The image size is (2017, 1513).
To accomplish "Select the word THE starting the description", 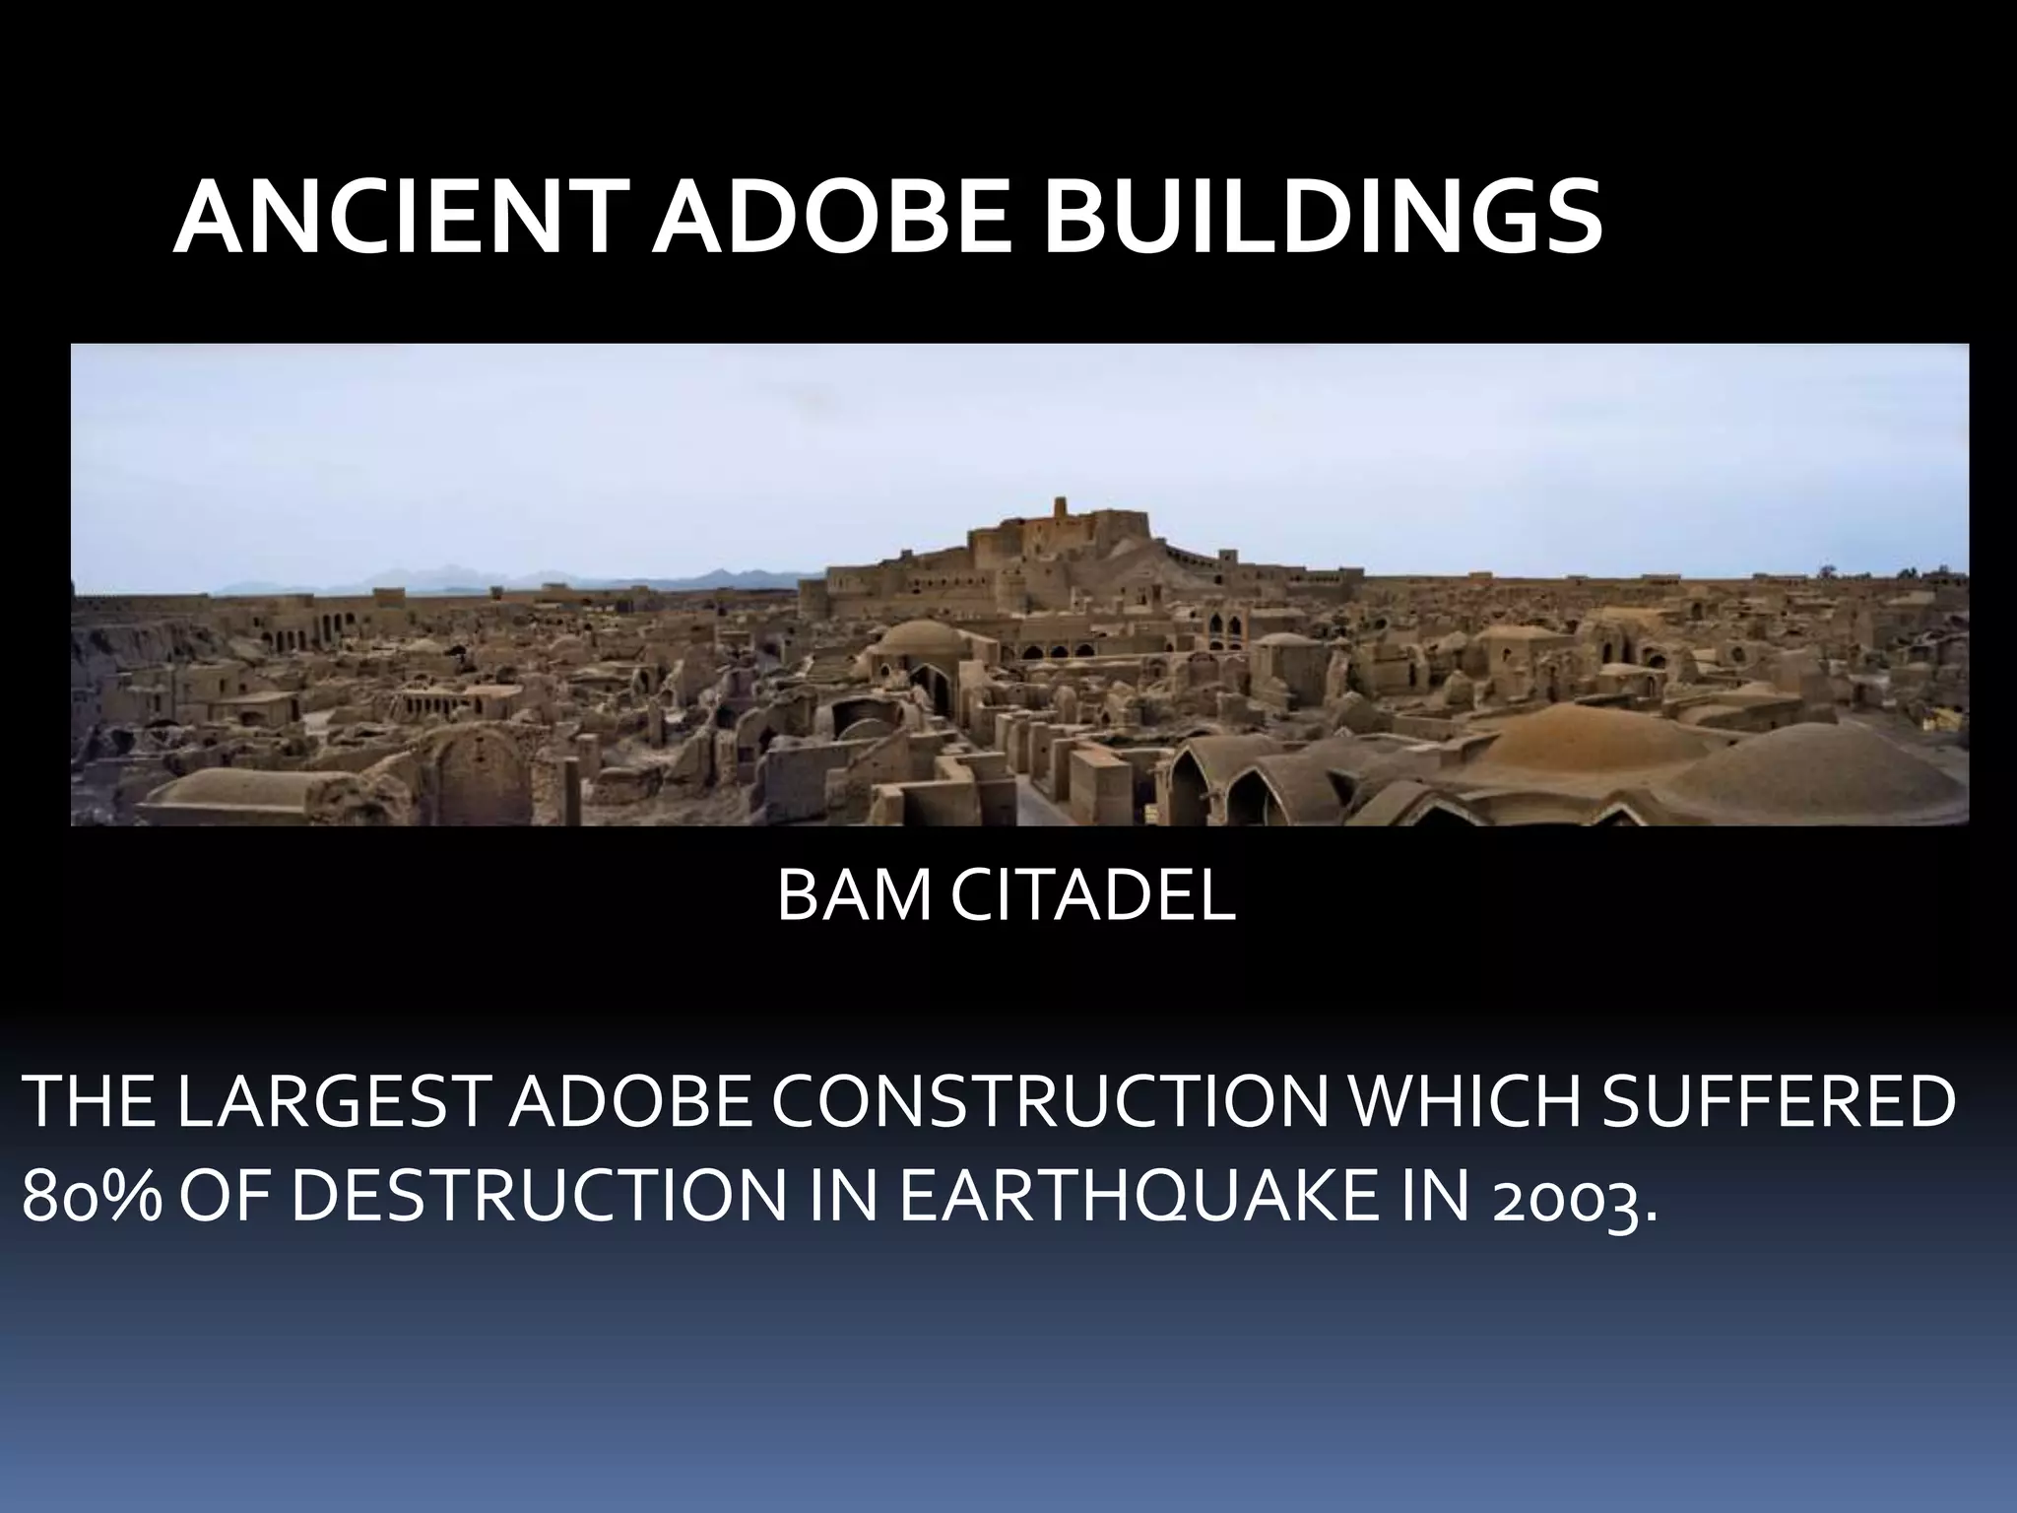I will click(x=88, y=1103).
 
